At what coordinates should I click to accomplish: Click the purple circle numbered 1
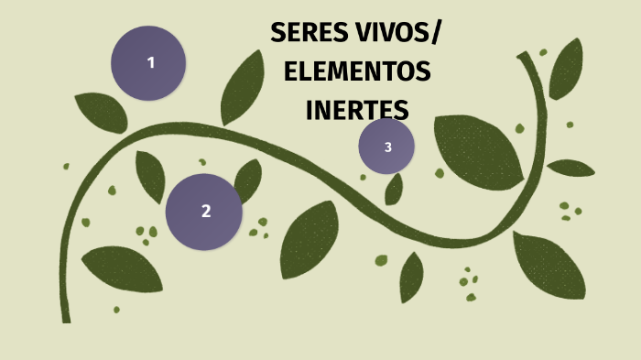pyautogui.click(x=148, y=62)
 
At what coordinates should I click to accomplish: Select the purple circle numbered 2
pyautogui.click(x=204, y=212)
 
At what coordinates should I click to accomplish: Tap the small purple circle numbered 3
pyautogui.click(x=386, y=147)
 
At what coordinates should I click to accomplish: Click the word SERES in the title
pyautogui.click(x=309, y=35)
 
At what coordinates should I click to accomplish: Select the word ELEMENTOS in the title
pyautogui.click(x=357, y=71)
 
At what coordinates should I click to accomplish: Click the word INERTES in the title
pyautogui.click(x=356, y=109)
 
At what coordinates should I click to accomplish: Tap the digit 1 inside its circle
pyautogui.click(x=151, y=62)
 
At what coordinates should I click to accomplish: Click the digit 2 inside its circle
pyautogui.click(x=206, y=211)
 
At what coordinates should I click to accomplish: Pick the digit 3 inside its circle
pyautogui.click(x=388, y=147)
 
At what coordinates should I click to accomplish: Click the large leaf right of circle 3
pyautogui.click(x=478, y=150)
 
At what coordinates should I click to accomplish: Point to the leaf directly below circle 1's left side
pyautogui.click(x=101, y=112)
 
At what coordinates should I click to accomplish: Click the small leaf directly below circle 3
pyautogui.click(x=394, y=189)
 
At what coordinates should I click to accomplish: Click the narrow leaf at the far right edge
pyautogui.click(x=570, y=168)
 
